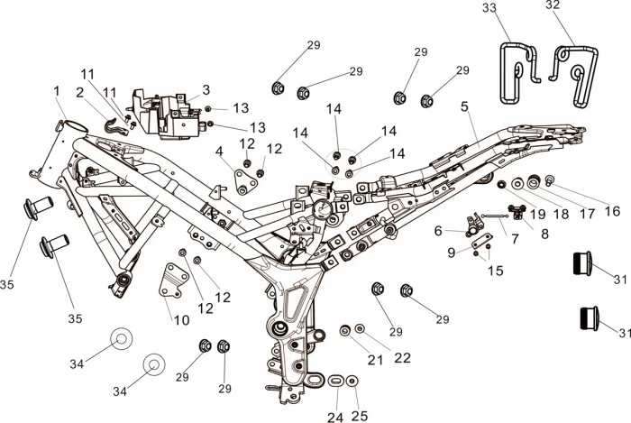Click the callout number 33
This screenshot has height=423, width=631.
(489, 8)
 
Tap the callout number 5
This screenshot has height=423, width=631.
(464, 106)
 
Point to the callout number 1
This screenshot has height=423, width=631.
(56, 91)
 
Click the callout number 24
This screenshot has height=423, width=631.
(335, 417)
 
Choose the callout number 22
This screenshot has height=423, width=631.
(402, 357)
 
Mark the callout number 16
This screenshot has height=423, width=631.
(612, 211)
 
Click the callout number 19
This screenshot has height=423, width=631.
(539, 215)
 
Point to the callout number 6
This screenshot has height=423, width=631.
(438, 231)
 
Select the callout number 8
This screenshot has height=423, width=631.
(544, 232)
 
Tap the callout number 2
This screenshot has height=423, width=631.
(80, 92)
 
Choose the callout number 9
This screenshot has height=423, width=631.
(451, 253)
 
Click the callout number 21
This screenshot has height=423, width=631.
(375, 360)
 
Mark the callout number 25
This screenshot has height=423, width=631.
(360, 417)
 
